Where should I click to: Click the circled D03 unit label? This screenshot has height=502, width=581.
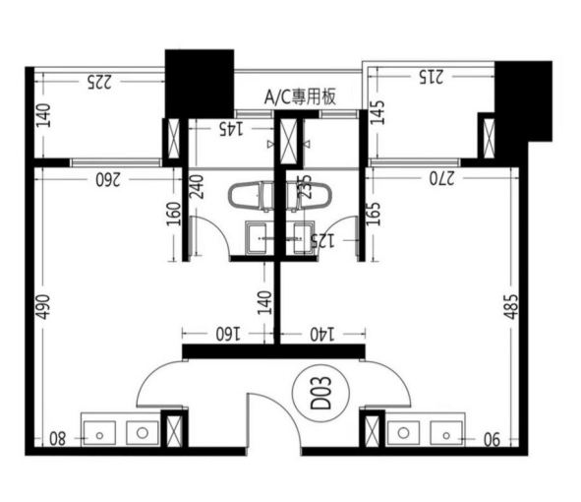click(x=320, y=393)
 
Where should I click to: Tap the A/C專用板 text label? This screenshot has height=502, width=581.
click(x=300, y=97)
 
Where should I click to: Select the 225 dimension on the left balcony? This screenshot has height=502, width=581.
click(x=99, y=82)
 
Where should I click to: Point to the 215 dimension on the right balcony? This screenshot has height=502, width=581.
click(x=431, y=77)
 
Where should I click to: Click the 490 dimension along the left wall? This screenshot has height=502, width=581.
click(x=43, y=307)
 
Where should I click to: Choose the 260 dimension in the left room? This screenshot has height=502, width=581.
click(x=108, y=180)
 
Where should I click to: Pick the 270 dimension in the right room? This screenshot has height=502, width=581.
click(x=442, y=179)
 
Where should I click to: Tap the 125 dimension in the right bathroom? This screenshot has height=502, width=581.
click(x=322, y=241)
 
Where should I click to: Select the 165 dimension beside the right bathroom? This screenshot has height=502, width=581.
click(x=374, y=214)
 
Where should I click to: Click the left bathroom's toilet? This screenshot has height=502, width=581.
click(x=251, y=196)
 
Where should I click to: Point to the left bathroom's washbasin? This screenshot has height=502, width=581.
click(x=259, y=238)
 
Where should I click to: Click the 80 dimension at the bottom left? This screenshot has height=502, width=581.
click(x=58, y=439)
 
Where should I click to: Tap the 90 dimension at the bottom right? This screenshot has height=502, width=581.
click(x=492, y=440)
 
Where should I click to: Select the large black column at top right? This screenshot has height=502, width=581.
click(x=523, y=101)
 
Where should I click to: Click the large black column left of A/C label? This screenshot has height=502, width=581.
click(x=200, y=84)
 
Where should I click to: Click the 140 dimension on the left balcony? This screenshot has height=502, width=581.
click(x=44, y=115)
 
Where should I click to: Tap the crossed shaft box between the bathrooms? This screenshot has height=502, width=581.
click(x=289, y=141)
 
